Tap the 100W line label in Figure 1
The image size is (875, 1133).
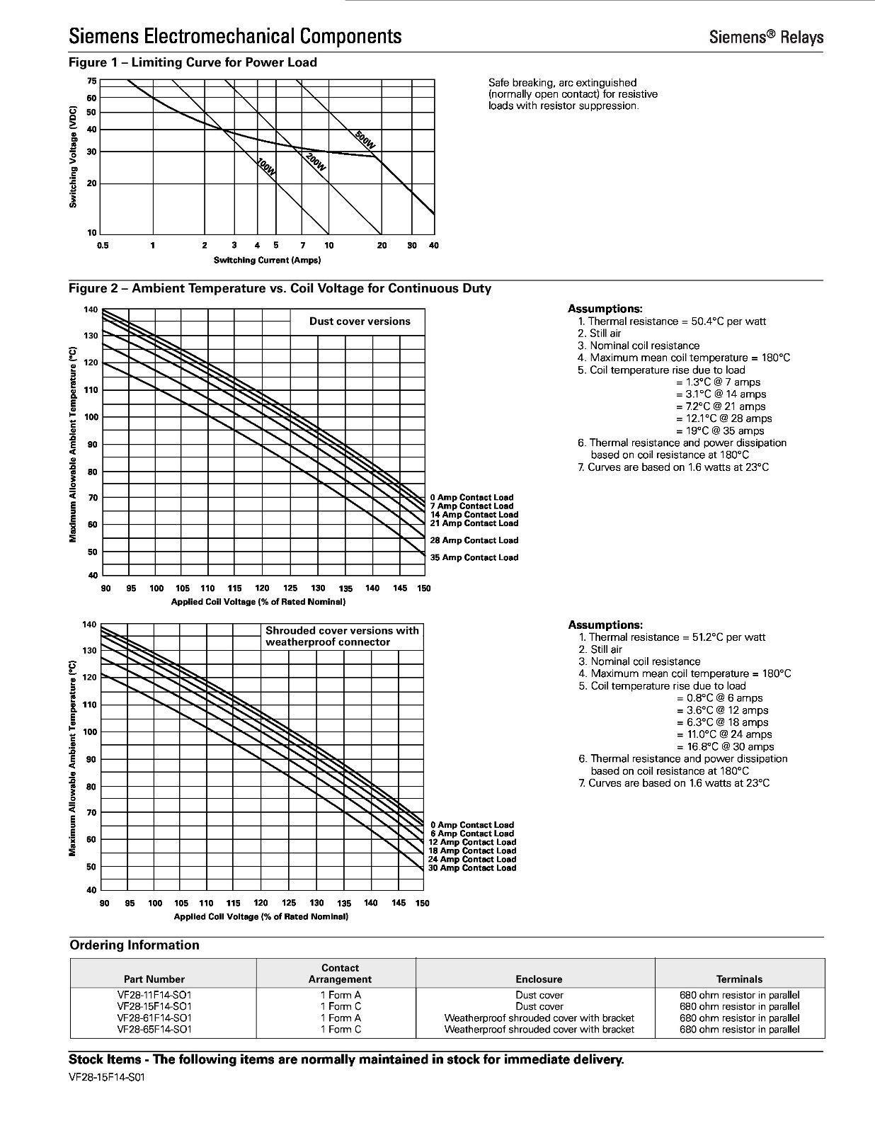click(x=265, y=169)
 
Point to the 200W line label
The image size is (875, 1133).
click(x=316, y=163)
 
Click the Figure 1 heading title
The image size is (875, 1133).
click(x=193, y=62)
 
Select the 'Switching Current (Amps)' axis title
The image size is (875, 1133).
click(x=267, y=260)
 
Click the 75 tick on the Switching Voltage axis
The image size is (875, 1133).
click(x=92, y=81)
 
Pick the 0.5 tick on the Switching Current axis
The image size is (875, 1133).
click(x=103, y=246)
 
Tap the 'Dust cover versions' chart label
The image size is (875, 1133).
click(x=360, y=321)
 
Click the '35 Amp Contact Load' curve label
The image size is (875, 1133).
click(x=474, y=557)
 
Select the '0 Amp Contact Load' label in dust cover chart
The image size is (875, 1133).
click(x=471, y=498)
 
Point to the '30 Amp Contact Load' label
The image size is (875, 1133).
click(x=472, y=868)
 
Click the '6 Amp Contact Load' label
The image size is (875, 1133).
click(x=472, y=833)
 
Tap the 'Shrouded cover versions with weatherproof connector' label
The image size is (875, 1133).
click(x=342, y=636)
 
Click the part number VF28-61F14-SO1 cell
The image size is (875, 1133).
click(x=154, y=1018)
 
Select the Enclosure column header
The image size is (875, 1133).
click(x=539, y=979)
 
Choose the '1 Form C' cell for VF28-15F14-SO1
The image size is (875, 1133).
click(x=341, y=1006)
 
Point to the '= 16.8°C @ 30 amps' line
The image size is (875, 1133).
click(x=725, y=746)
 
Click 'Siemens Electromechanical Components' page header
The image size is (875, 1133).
click(x=235, y=36)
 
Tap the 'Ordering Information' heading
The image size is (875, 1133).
click(x=135, y=945)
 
